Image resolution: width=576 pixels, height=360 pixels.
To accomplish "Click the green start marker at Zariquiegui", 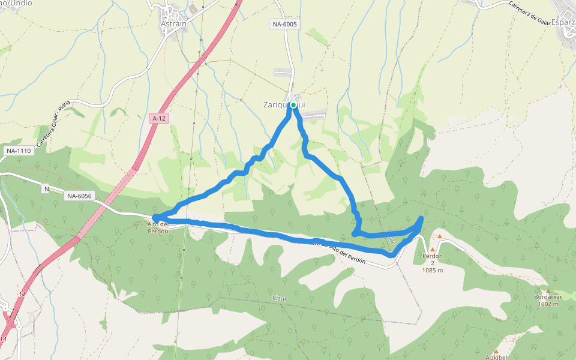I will pyautogui.click(x=293, y=105).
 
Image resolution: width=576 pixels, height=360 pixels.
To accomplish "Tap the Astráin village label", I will pyautogui.click(x=174, y=24).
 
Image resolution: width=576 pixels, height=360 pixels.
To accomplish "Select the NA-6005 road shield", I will pyautogui.click(x=283, y=24).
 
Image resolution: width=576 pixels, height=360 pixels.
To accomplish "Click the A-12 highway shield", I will pyautogui.click(x=158, y=119).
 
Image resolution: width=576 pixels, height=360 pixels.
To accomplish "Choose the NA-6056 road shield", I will pyautogui.click(x=79, y=196).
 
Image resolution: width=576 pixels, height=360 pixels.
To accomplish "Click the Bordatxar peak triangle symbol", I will pyautogui.click(x=548, y=291).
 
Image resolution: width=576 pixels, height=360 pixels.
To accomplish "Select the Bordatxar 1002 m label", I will pyautogui.click(x=548, y=301).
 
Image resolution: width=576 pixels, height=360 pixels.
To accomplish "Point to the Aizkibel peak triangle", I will pyautogui.click(x=496, y=352).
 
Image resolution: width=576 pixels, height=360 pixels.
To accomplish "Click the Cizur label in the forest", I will pyautogui.click(x=280, y=298).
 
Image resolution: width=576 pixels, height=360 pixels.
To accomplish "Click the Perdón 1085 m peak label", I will pyautogui.click(x=432, y=263).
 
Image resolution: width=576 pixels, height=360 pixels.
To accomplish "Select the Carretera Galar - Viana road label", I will pyautogui.click(x=53, y=124).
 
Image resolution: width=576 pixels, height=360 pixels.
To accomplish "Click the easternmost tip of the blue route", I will pyautogui.click(x=422, y=218).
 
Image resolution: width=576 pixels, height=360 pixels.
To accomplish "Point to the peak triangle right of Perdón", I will pyautogui.click(x=439, y=236).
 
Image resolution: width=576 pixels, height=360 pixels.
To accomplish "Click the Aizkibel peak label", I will pyautogui.click(x=496, y=358).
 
